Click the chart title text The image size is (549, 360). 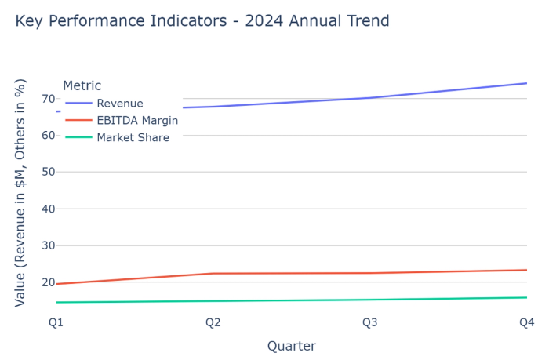(x=202, y=21)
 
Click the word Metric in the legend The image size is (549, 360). (x=82, y=86)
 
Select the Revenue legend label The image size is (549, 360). (x=120, y=104)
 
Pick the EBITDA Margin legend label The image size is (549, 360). (x=137, y=121)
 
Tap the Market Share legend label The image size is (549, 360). (x=133, y=138)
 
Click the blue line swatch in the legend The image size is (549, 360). (x=78, y=104)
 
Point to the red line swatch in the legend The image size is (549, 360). (x=78, y=121)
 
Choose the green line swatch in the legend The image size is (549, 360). (x=78, y=138)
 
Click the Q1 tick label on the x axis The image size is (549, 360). (x=56, y=322)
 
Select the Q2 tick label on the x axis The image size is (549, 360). (x=213, y=322)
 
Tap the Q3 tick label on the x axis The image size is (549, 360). (x=369, y=322)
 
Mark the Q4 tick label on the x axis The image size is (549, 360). (x=526, y=322)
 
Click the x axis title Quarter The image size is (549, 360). (x=291, y=346)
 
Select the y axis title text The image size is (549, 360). (x=21, y=192)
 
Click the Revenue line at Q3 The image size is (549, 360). (x=369, y=98)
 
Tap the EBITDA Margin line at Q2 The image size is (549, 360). (x=213, y=274)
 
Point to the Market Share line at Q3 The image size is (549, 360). (x=369, y=300)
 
